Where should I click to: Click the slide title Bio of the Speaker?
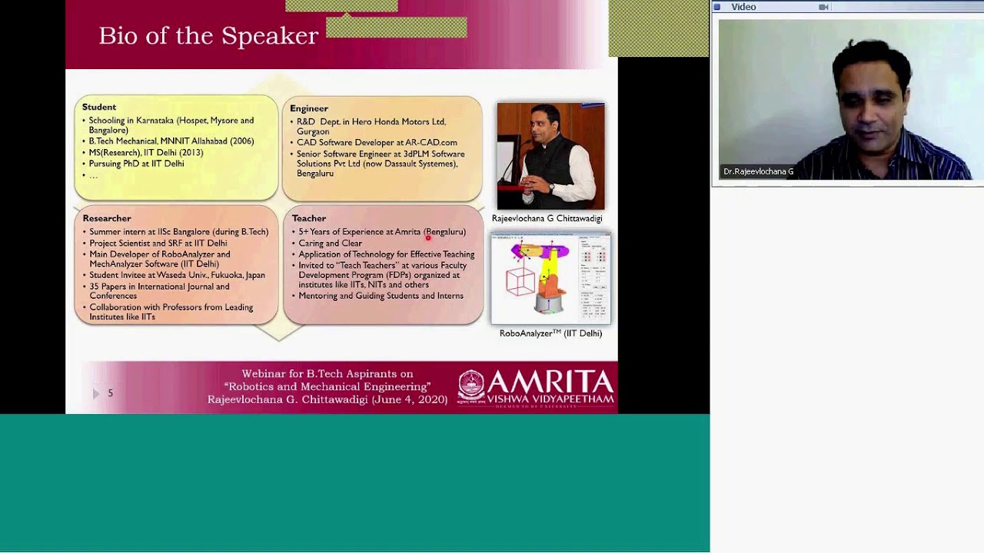click(208, 36)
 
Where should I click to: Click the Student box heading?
click(99, 107)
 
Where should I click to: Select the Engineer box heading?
click(309, 108)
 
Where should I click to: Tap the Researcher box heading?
click(107, 218)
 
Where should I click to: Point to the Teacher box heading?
click(309, 218)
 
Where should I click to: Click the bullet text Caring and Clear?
click(330, 243)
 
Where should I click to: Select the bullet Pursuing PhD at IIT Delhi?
click(136, 164)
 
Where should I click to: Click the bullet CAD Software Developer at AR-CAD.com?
click(377, 142)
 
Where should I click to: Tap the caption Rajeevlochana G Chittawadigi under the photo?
click(547, 218)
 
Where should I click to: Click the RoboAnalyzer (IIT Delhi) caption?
click(550, 333)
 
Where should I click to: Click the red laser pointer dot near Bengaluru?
click(428, 237)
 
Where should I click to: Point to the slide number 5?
click(110, 393)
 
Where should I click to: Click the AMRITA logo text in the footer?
click(550, 382)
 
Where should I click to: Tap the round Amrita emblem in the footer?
click(471, 386)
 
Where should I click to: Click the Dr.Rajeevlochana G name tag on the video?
click(758, 171)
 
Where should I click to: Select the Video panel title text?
click(743, 7)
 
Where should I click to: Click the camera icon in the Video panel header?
click(823, 7)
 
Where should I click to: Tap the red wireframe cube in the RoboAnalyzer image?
click(520, 280)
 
